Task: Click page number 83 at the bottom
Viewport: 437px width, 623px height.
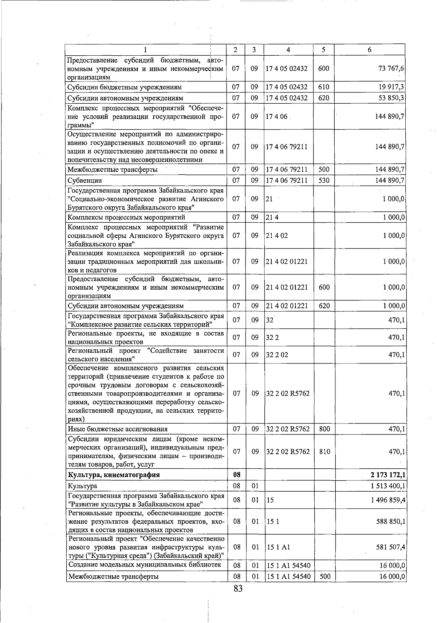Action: click(238, 588)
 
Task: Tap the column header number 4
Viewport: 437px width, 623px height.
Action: click(288, 50)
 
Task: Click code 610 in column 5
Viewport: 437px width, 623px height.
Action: click(323, 87)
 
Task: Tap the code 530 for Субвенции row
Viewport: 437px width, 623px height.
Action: click(323, 180)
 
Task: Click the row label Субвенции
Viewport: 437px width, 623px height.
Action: click(85, 180)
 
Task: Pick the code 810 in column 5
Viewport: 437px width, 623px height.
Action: click(324, 452)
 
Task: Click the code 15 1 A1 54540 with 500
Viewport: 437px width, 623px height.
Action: click(288, 576)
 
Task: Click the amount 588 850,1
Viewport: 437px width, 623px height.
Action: click(391, 521)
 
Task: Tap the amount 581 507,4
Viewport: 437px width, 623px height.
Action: click(391, 547)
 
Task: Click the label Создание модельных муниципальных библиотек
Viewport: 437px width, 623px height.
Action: click(145, 565)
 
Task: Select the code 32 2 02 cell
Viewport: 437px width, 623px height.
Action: click(277, 355)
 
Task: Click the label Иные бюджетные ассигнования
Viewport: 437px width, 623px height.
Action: click(118, 429)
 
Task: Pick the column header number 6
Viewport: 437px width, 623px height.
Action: click(369, 50)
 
